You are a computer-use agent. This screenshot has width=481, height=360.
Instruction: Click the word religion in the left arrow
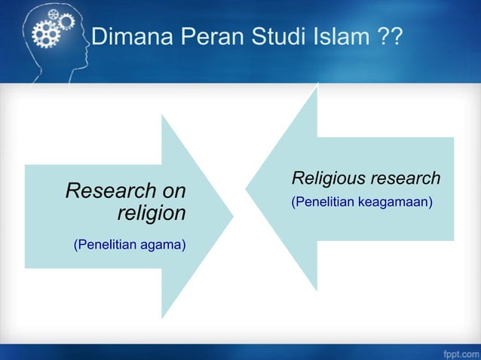pos(151,213)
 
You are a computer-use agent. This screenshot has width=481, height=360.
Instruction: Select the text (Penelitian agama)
pos(129,245)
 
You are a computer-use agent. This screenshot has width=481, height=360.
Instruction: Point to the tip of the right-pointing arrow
pos(232,215)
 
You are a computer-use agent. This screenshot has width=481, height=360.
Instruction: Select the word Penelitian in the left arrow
pos(103,245)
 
